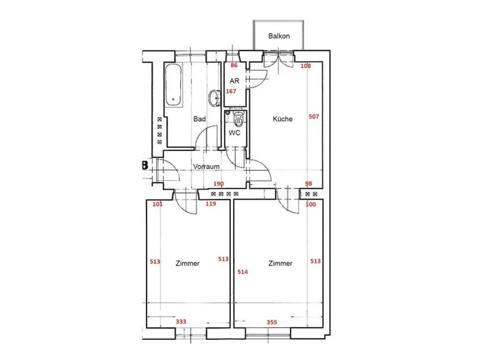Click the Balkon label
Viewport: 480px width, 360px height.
[x=278, y=36]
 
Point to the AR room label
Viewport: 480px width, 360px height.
[x=234, y=81]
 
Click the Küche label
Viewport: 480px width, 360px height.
[x=283, y=119]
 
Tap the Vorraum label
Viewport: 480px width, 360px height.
[x=207, y=166]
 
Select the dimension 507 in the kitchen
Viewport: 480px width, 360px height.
[x=314, y=116]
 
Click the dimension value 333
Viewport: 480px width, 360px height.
[x=181, y=322]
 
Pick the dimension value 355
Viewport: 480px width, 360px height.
[x=271, y=322]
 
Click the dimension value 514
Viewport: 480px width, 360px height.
[x=243, y=271]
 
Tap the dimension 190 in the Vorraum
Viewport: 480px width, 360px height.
[x=219, y=184]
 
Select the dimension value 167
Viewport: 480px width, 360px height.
[x=231, y=91]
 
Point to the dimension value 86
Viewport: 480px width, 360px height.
[x=234, y=66]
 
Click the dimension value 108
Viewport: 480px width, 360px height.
[x=306, y=66]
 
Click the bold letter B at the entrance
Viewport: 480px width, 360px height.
[x=144, y=165]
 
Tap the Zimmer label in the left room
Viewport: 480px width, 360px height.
[x=187, y=263]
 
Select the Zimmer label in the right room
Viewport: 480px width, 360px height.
[x=280, y=263]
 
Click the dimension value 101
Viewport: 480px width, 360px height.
[x=157, y=204]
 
